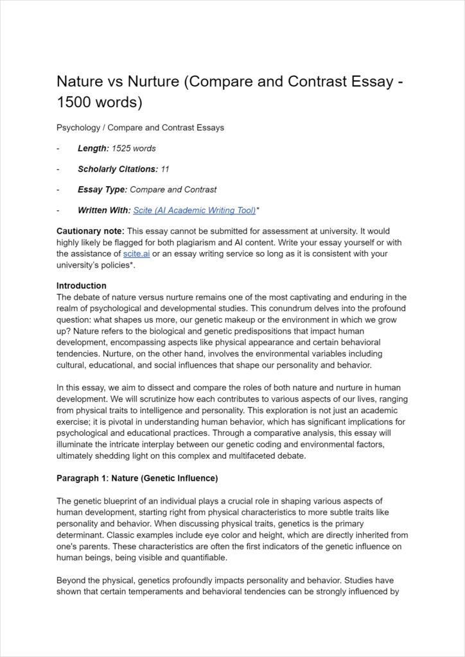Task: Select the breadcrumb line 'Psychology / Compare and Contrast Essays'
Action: (x=140, y=128)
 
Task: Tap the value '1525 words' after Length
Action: (x=134, y=148)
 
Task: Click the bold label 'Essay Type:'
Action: (x=102, y=189)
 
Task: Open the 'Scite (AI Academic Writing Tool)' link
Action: (x=194, y=210)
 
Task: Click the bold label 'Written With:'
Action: (x=104, y=210)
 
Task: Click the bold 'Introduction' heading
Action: (x=82, y=286)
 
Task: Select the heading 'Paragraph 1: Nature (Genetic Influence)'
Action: (x=137, y=479)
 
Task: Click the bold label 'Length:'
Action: (x=93, y=148)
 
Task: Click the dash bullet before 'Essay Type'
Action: (x=58, y=189)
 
